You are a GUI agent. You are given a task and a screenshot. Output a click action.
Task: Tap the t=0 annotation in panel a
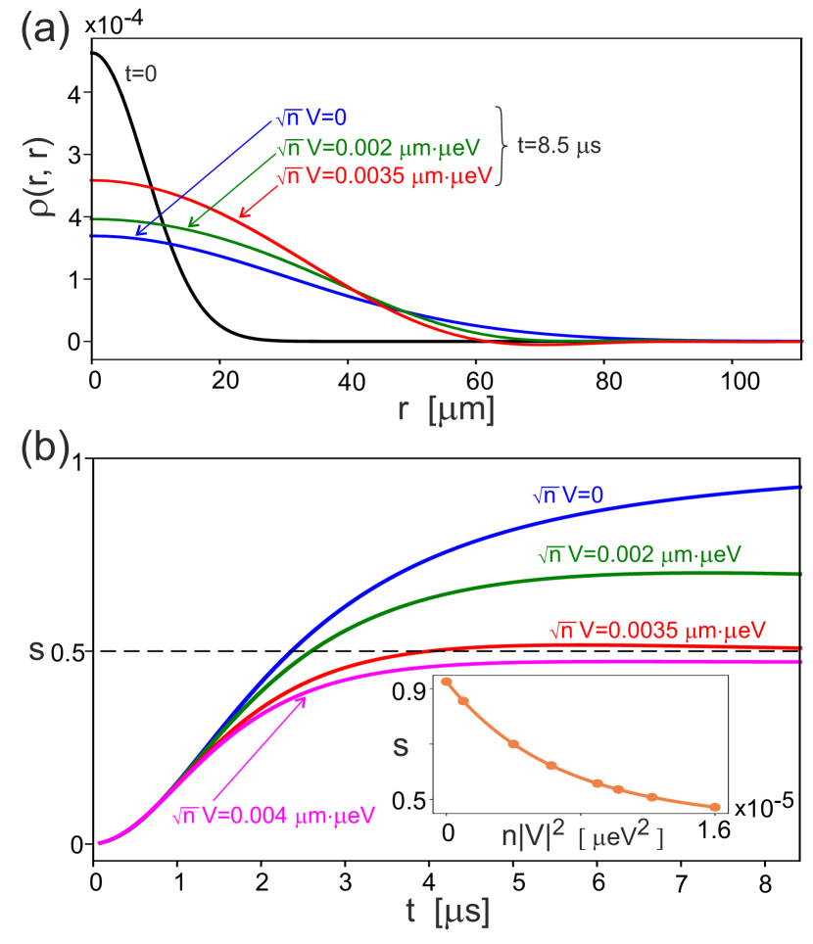(141, 73)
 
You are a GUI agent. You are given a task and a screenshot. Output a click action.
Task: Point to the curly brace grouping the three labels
(503, 146)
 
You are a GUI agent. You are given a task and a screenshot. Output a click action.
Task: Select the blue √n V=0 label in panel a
(311, 118)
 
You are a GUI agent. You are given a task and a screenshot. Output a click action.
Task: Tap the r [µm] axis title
(446, 409)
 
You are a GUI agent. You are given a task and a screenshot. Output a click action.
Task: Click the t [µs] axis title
(448, 911)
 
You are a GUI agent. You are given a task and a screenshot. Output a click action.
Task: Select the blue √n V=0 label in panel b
(567, 496)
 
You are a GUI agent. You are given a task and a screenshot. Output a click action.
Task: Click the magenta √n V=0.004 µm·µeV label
(273, 815)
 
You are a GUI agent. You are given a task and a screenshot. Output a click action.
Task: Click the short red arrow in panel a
(257, 202)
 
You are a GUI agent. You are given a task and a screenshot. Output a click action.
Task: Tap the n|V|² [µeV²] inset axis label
(577, 837)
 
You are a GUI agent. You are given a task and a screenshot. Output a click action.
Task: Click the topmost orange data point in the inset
(447, 681)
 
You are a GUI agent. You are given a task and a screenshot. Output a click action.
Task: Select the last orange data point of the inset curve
(716, 807)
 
